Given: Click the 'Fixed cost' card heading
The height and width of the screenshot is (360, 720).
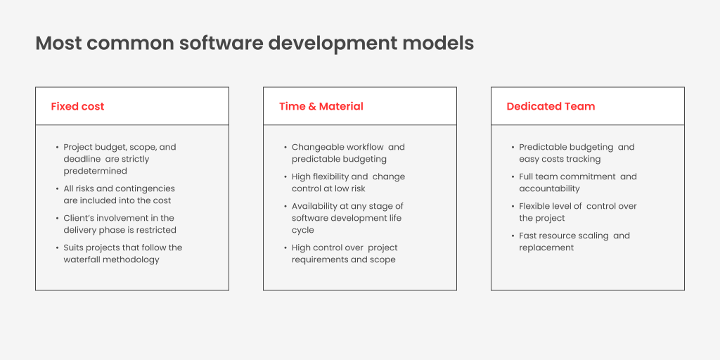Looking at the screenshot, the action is pos(77,107).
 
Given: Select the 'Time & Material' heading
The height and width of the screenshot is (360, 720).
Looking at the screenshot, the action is pos(321,107).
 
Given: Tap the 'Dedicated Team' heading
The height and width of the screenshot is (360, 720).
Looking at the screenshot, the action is pos(551,107).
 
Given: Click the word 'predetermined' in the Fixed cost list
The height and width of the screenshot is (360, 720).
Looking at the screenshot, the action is pos(95,172).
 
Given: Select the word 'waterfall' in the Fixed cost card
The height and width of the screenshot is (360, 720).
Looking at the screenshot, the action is pos(82,259).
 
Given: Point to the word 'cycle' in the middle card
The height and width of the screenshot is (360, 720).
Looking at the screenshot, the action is pos(302,230).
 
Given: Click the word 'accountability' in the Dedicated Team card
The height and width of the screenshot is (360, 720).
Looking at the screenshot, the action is pos(549,188).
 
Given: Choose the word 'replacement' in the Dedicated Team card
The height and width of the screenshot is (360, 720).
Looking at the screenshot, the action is pos(546,248).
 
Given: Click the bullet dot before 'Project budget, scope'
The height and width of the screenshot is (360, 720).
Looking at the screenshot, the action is pos(58,148).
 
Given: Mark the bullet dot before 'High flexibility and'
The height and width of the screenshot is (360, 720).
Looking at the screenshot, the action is pos(285,176).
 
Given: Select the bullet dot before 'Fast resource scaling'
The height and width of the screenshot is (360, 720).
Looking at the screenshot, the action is pos(513,236).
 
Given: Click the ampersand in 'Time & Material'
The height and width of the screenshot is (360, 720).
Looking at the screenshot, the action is pos(311,107).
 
